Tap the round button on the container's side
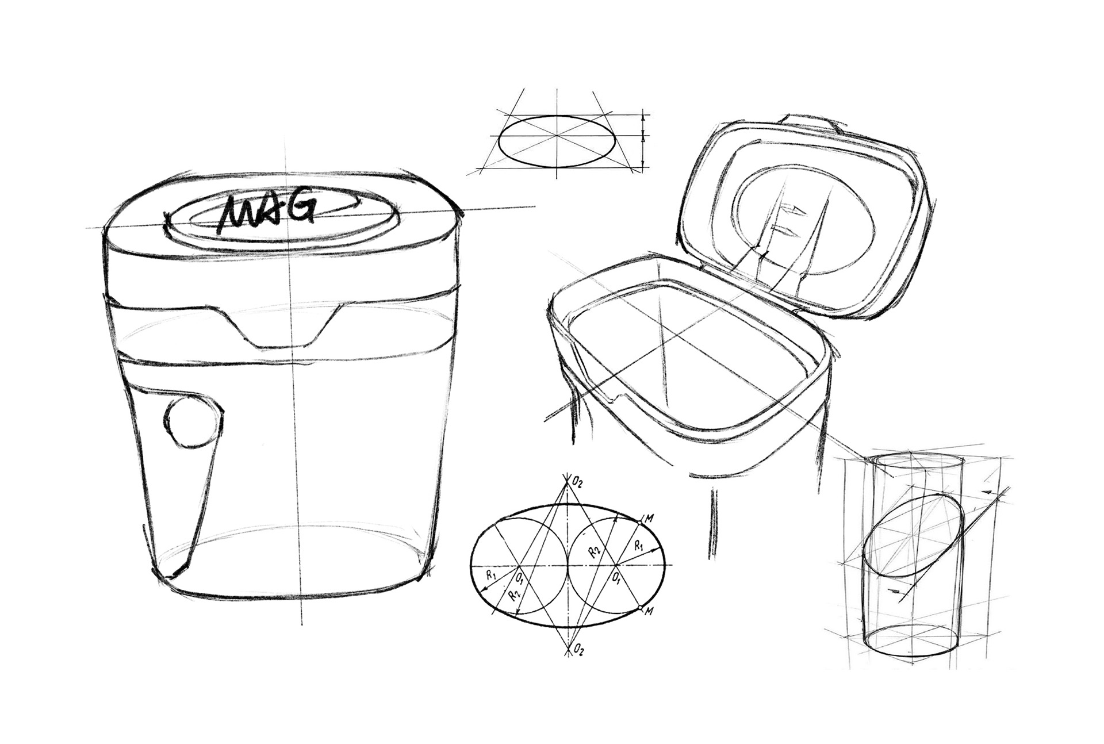pyautogui.click(x=192, y=422)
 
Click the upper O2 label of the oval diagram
pyautogui.click(x=577, y=482)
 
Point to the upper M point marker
pyautogui.click(x=640, y=521)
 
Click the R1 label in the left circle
pyautogui.click(x=490, y=574)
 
